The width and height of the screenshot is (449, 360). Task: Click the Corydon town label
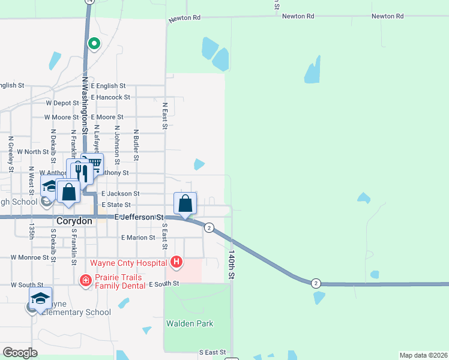point(74,221)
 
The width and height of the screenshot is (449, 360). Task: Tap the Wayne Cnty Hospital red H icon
point(176,262)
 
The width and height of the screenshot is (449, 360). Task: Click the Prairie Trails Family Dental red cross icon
point(86,280)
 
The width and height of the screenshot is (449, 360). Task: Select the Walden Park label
point(190,324)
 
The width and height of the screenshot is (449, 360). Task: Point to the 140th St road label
point(231,265)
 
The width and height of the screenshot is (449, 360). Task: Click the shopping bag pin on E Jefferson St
point(185,204)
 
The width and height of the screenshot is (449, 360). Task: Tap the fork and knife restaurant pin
point(83,173)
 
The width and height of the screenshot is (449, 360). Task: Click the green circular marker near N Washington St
point(94,43)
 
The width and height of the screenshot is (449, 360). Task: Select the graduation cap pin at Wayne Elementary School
point(40,298)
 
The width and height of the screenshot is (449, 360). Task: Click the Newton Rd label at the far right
point(387,16)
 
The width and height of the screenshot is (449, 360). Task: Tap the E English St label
point(108,86)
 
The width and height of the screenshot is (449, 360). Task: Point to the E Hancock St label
point(110,97)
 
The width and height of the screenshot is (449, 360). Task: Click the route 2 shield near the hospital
point(209,227)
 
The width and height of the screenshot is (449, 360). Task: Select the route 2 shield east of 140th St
point(316,283)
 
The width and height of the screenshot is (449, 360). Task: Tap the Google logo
point(20,353)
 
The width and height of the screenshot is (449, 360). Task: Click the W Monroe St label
point(30,257)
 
